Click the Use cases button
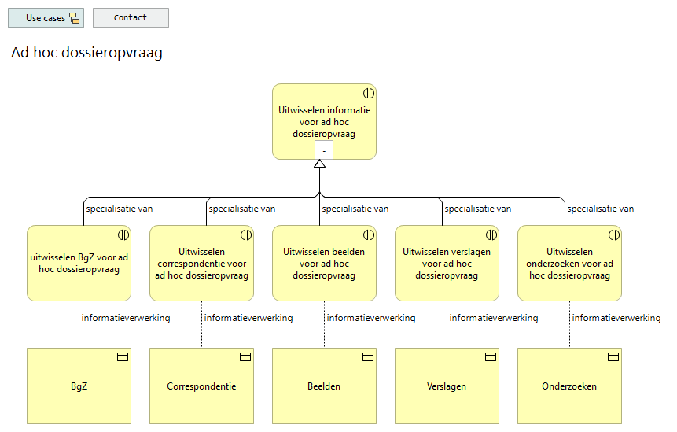(46, 18)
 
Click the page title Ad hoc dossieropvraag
(86, 53)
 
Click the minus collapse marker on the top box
(324, 150)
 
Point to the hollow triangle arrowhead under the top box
(319, 164)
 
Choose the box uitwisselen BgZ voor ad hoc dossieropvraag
(79, 263)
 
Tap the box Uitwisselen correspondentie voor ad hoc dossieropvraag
(201, 263)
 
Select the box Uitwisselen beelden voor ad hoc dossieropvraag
(324, 263)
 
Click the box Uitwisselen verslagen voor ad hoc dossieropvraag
(447, 263)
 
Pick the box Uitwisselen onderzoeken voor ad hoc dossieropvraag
(569, 263)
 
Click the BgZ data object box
(79, 386)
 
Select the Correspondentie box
(201, 386)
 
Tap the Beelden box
(324, 386)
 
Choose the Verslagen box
(447, 386)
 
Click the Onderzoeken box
(569, 386)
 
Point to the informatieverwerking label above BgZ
(126, 318)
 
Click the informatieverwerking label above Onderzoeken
(616, 318)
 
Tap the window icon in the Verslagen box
(491, 357)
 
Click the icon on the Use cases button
(75, 18)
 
